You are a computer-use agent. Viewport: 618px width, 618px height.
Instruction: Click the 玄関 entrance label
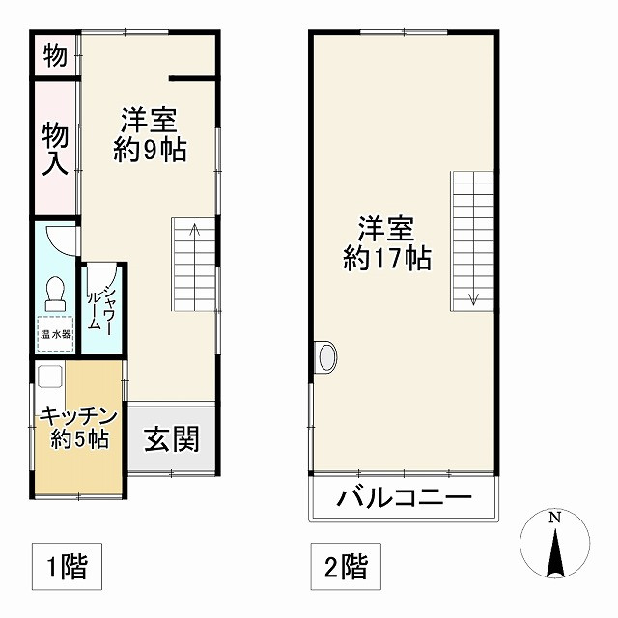(x=173, y=439)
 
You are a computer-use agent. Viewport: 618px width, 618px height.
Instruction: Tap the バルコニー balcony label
(x=404, y=500)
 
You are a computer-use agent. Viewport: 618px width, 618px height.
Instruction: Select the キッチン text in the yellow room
(x=78, y=417)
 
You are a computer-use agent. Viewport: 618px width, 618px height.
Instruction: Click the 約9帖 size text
(x=149, y=151)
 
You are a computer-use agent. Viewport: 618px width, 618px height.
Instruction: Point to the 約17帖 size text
(x=387, y=259)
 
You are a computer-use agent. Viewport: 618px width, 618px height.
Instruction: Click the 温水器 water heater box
(x=55, y=334)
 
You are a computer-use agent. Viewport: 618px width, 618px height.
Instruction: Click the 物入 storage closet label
(x=55, y=148)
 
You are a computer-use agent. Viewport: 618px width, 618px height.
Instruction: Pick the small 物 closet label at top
(x=55, y=57)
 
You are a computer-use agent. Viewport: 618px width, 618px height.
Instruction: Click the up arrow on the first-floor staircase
(x=195, y=231)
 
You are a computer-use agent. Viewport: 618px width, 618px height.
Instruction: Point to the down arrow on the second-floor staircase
(x=473, y=296)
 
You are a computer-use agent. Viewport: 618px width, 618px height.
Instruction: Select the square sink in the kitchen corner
(x=49, y=378)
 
